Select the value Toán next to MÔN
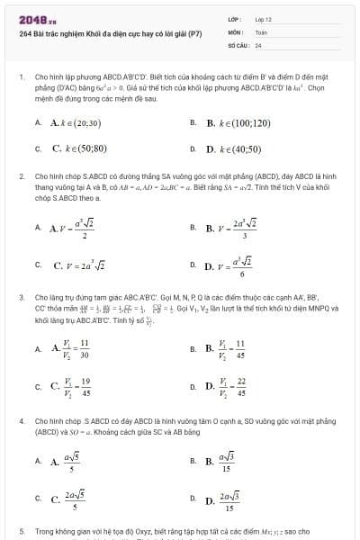pyautogui.click(x=261, y=31)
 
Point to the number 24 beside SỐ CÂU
pyautogui.click(x=258, y=43)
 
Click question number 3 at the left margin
pyautogui.click(x=20, y=295)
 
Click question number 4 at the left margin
pyautogui.click(x=20, y=420)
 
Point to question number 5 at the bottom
pyautogui.click(x=20, y=532)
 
